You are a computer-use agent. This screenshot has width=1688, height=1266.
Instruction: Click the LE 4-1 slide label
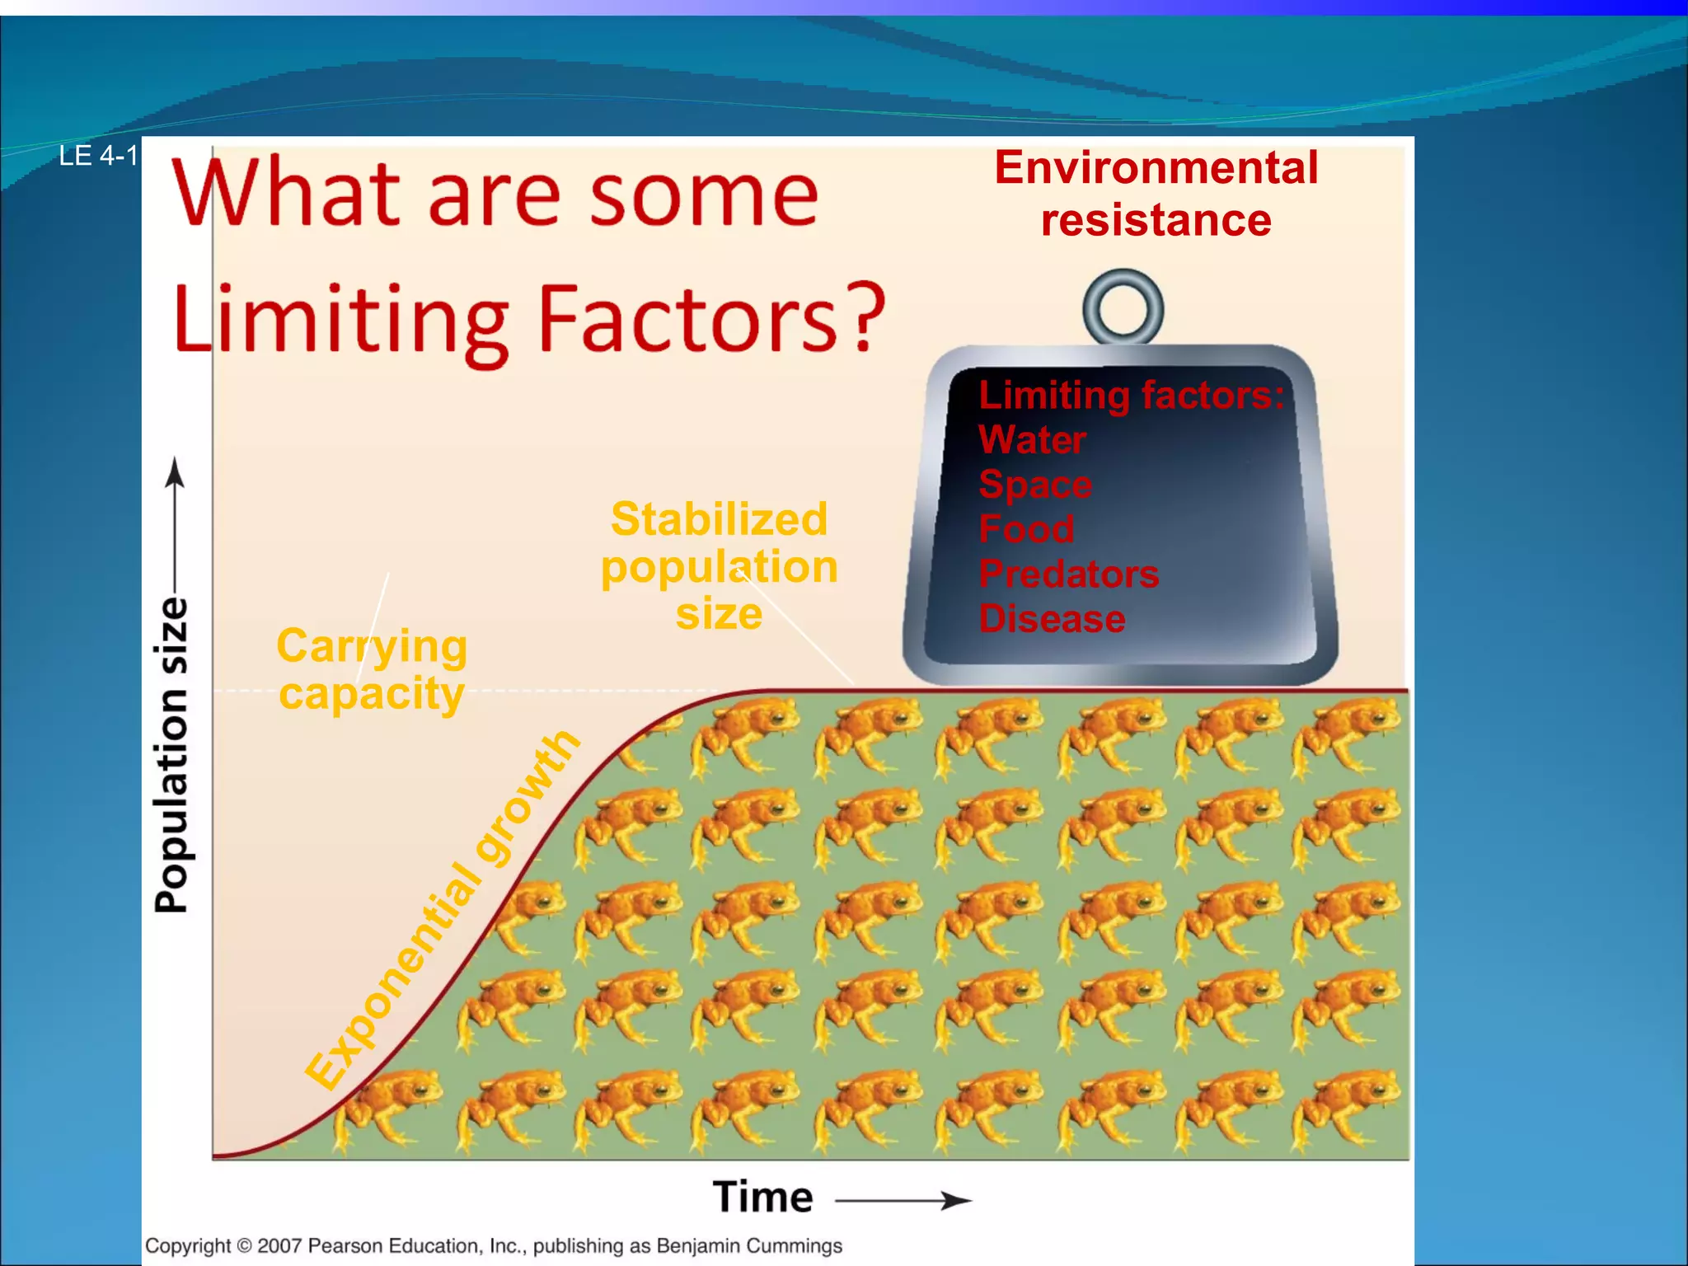coord(97,156)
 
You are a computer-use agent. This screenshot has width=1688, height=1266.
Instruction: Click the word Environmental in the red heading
coord(1156,168)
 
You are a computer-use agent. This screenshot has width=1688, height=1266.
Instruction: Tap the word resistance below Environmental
coord(1156,221)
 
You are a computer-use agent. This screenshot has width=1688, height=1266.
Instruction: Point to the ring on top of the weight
coord(1123,307)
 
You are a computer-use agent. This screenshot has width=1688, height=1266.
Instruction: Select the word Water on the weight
coord(1032,440)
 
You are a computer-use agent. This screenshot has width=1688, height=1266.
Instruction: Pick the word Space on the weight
coord(1035,485)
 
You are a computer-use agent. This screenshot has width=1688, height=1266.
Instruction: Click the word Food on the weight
coord(1026,529)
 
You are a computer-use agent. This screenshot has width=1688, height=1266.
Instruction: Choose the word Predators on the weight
coord(1068,574)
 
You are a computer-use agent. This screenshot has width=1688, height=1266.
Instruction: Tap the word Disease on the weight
coord(1052,619)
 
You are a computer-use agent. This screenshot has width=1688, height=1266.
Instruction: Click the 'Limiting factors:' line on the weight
coord(1131,396)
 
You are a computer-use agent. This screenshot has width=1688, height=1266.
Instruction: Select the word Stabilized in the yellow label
coord(719,520)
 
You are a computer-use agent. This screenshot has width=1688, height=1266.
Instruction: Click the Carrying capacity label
coord(372,669)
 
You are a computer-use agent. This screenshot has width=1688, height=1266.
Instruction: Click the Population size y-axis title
coord(171,755)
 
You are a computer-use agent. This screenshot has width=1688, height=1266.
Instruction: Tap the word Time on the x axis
coord(762,1198)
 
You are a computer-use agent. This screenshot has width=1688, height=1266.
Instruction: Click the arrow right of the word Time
coord(904,1201)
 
